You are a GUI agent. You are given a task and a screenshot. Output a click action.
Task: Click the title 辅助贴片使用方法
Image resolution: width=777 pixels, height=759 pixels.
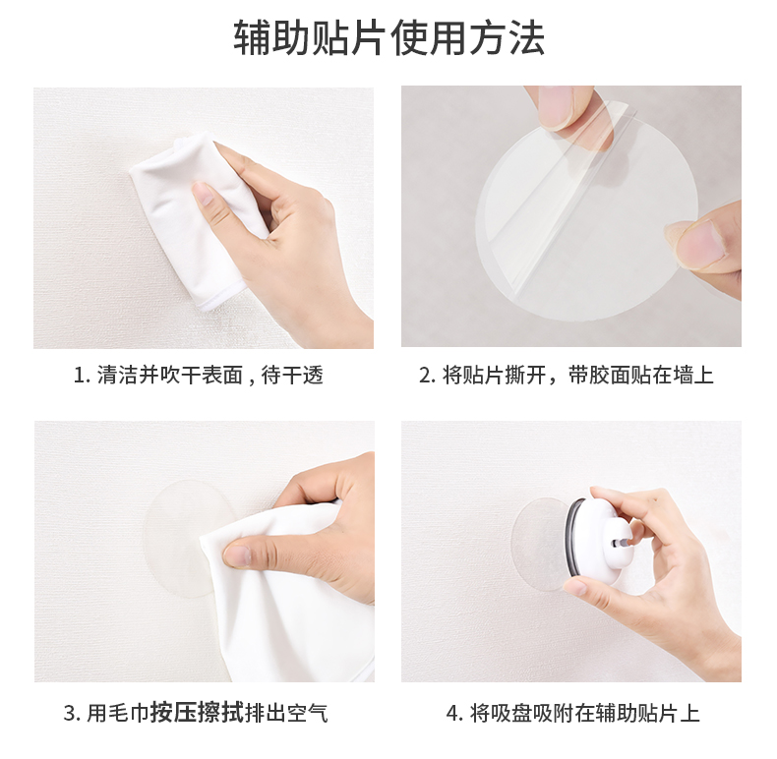coord(389,37)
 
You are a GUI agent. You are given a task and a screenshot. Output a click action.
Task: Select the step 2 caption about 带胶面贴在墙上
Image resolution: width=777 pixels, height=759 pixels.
coord(640,375)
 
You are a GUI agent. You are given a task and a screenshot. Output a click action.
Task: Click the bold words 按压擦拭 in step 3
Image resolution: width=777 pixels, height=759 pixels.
coord(198,714)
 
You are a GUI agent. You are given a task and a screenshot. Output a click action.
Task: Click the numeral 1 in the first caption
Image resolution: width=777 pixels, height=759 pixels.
coord(79,376)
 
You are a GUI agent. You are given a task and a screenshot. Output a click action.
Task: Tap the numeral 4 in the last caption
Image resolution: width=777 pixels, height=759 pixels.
coord(453,714)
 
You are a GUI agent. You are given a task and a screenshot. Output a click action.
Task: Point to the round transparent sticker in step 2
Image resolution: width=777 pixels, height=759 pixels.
coord(587,218)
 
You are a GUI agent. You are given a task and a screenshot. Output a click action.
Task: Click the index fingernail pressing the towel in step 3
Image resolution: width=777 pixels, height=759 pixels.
coord(238,555)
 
